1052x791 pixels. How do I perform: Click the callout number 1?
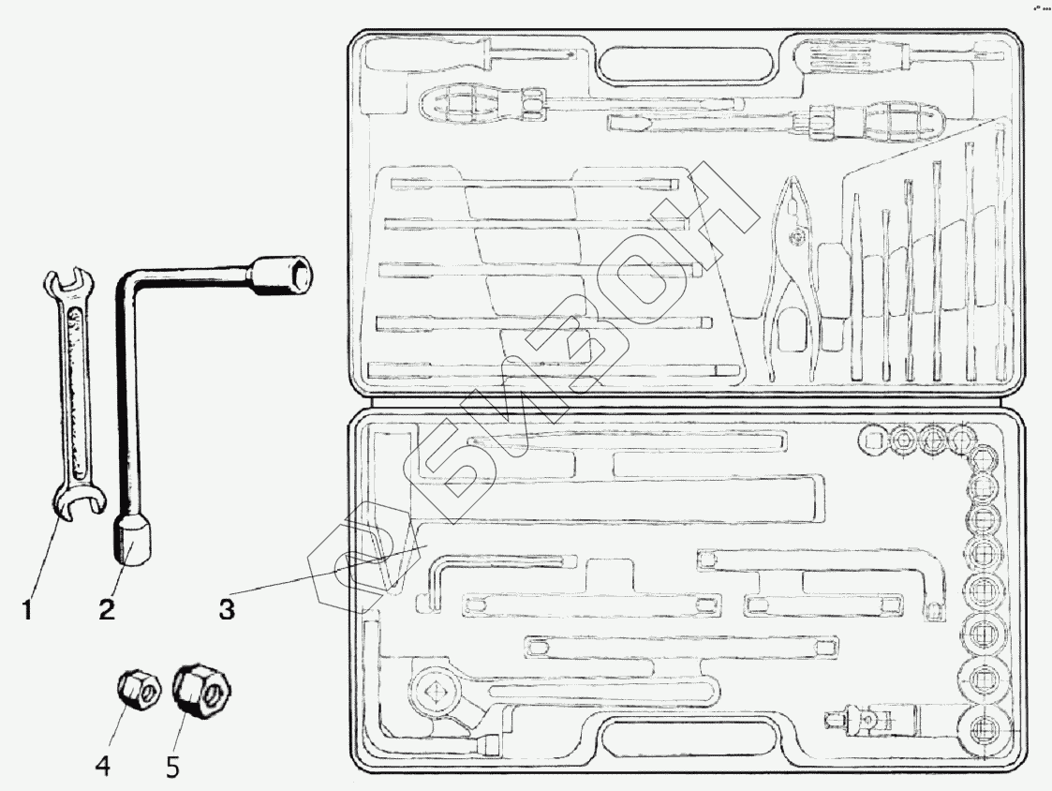pyautogui.click(x=27, y=610)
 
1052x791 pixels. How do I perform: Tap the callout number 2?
pyautogui.click(x=108, y=610)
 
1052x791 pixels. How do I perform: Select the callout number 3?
pyautogui.click(x=225, y=610)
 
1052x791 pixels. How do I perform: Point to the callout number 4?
pyautogui.click(x=104, y=766)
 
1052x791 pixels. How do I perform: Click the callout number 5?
pyautogui.click(x=171, y=766)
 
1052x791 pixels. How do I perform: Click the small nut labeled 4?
pyautogui.click(x=138, y=692)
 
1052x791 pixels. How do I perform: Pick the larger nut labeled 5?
pyautogui.click(x=200, y=693)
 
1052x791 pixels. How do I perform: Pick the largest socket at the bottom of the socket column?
pyautogui.click(x=983, y=728)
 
